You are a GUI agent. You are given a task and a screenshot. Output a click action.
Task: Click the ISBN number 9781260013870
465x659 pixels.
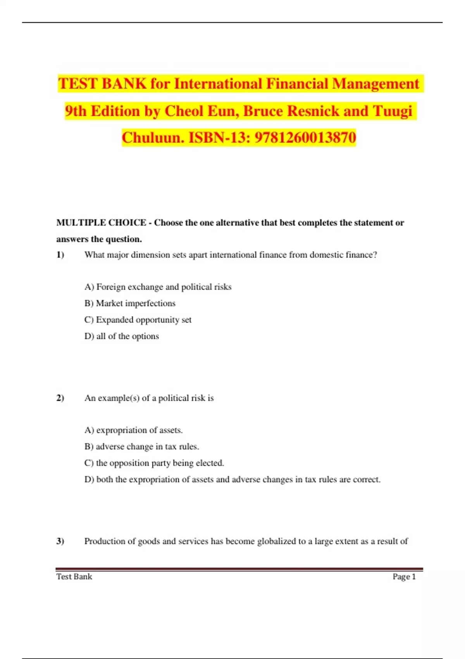[305, 138]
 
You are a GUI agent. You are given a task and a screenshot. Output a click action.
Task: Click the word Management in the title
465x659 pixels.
[375, 84]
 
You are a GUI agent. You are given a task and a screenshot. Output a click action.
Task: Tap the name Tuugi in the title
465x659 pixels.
[393, 111]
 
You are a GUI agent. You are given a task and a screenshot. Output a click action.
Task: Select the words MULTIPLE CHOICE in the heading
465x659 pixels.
[101, 223]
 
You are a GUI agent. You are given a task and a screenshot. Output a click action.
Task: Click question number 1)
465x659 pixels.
[60, 255]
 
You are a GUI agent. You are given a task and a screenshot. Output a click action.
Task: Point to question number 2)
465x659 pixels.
[60, 398]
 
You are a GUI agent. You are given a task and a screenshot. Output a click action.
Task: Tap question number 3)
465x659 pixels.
[60, 541]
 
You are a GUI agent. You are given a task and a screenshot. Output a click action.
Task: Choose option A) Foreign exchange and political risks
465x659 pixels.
[158, 287]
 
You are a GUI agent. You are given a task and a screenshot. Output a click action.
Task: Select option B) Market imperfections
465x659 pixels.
[130, 303]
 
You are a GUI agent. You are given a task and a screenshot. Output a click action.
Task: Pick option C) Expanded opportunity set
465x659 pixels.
[138, 320]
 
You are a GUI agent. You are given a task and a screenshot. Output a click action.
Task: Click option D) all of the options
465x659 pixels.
[122, 336]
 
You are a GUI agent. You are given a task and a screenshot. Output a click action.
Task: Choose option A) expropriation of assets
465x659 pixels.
[133, 430]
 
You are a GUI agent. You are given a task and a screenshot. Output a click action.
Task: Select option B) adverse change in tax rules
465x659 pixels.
[141, 447]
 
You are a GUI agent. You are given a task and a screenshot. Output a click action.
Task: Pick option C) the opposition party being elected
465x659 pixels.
[154, 463]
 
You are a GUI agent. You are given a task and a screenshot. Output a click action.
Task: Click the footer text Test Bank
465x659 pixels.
[74, 576]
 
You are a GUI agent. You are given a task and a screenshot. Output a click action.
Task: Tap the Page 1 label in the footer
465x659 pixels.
[404, 576]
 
